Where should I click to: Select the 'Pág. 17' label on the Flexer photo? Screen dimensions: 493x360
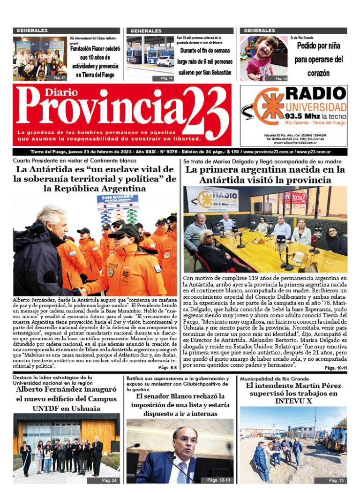click(x=59, y=77)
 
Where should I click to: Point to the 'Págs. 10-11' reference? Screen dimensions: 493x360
click(x=336, y=368)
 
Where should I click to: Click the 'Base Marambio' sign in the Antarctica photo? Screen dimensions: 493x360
click(x=118, y=204)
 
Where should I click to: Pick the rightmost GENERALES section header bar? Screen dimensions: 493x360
click(x=293, y=30)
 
